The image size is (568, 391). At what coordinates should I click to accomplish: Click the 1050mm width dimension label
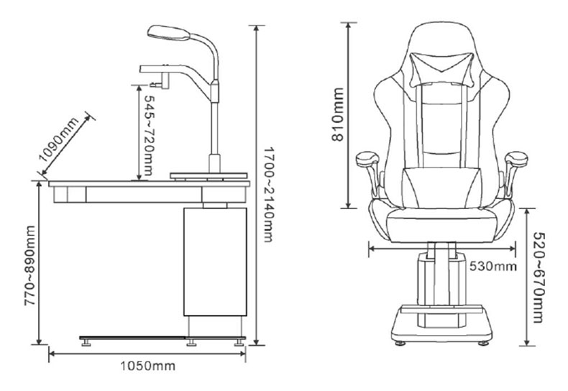pos(147,366)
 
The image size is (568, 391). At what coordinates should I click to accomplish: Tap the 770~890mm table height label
pos(30,266)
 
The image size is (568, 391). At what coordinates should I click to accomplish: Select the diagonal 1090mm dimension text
pos(59,139)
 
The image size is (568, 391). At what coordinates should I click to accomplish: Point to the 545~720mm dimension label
pos(149,136)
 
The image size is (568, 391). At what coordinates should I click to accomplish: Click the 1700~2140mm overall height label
pos(268,194)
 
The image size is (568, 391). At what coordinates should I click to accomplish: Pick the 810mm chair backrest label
pos(338,114)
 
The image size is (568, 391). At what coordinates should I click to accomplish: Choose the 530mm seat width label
pos(493,267)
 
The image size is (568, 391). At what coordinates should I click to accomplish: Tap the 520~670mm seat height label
pos(539,277)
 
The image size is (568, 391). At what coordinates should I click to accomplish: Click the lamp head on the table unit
pos(168,32)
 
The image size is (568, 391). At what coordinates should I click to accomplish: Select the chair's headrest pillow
pos(442,68)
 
